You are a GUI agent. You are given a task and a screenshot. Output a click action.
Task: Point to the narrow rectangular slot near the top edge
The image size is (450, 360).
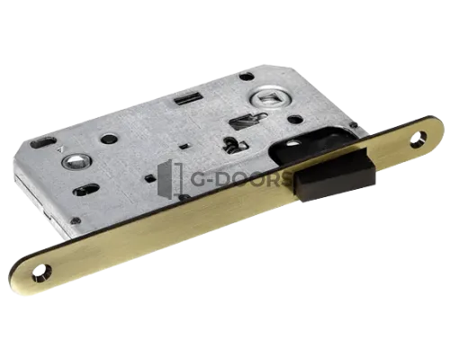(x=187, y=98)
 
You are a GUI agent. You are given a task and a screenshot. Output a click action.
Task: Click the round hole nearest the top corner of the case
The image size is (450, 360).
(x=247, y=76)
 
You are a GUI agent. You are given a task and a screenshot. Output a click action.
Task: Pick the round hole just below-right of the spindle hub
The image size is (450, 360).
(x=295, y=120)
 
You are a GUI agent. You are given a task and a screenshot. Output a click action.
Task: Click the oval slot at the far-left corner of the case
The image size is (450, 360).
(x=43, y=142)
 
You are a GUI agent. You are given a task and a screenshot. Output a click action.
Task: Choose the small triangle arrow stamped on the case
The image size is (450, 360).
(x=61, y=148)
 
